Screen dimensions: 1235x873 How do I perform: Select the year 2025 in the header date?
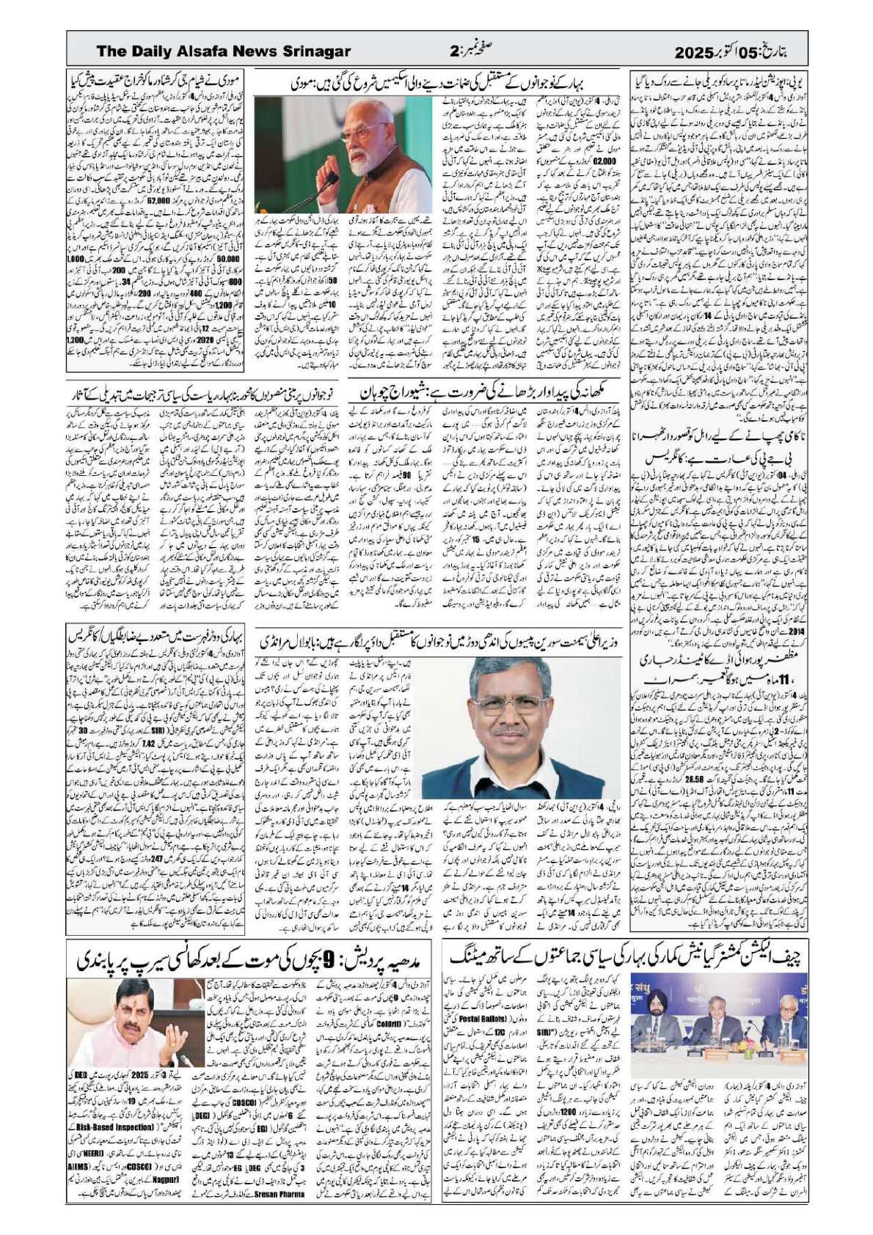click(694, 53)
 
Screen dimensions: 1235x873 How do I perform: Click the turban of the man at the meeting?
click(654, 1000)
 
